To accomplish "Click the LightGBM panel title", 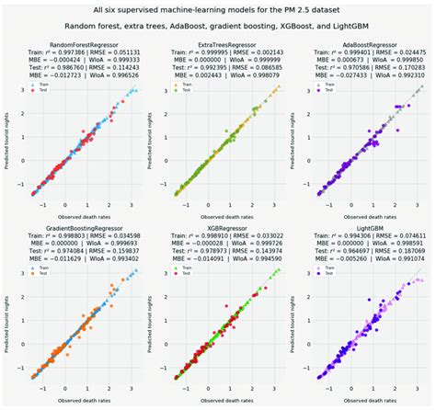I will tap(365, 225).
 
